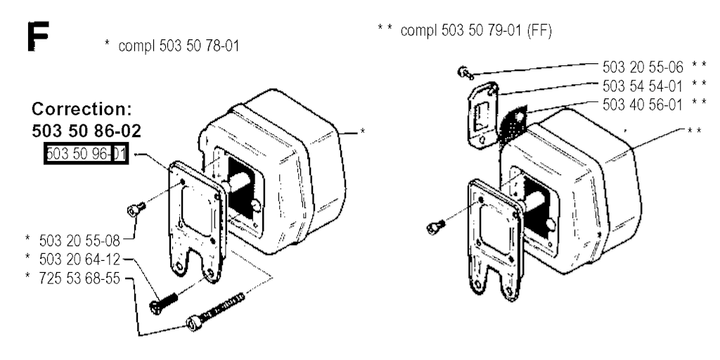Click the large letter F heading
point(38,37)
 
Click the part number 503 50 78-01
point(199,46)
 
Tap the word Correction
point(82,110)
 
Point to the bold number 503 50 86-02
point(86,131)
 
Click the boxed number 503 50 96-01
point(86,154)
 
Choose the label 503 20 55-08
point(79,240)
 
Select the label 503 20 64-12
point(79,260)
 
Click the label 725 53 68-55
point(79,278)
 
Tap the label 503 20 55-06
point(643,67)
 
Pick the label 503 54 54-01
point(643,86)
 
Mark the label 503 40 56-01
point(643,105)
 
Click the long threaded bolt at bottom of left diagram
point(215,311)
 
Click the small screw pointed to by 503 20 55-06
point(464,72)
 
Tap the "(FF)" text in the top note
point(539,31)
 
